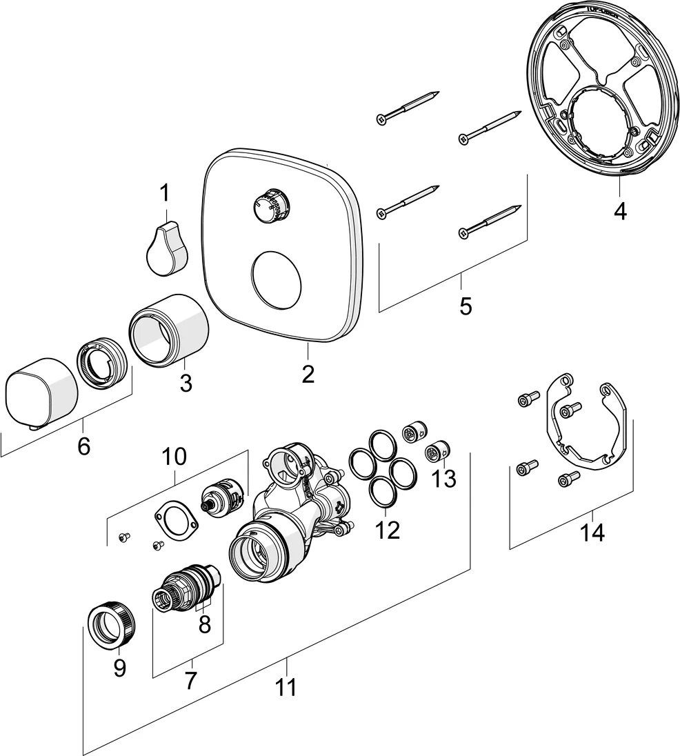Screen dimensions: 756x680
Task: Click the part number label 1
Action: [x=164, y=193]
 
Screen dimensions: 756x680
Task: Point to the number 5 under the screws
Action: [x=466, y=306]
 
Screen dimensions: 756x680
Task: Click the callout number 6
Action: [x=83, y=446]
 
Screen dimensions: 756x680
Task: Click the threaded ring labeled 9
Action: [x=111, y=625]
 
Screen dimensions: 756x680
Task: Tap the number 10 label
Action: [x=174, y=456]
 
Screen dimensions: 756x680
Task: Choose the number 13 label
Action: [x=445, y=478]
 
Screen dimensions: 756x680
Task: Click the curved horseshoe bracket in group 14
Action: [x=590, y=428]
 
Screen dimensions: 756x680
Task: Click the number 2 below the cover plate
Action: [x=308, y=374]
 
